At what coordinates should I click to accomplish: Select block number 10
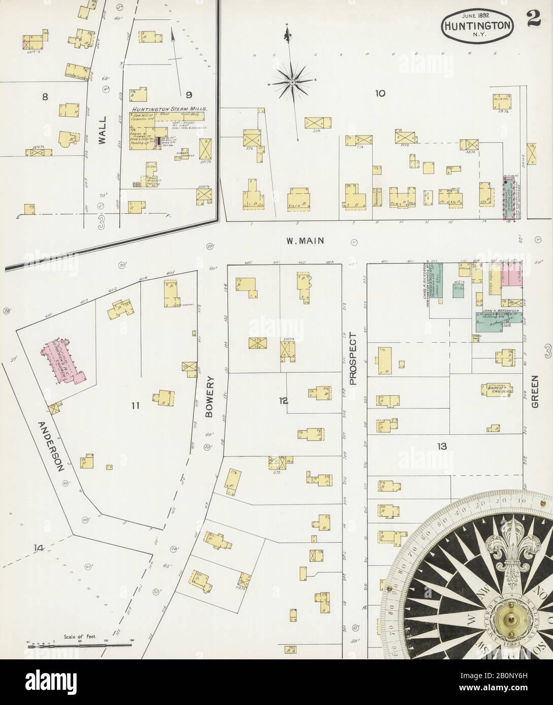click(x=380, y=93)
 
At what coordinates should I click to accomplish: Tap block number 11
click(x=134, y=405)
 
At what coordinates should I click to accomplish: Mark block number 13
click(x=442, y=446)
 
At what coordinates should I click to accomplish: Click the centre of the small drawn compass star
click(x=293, y=81)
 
